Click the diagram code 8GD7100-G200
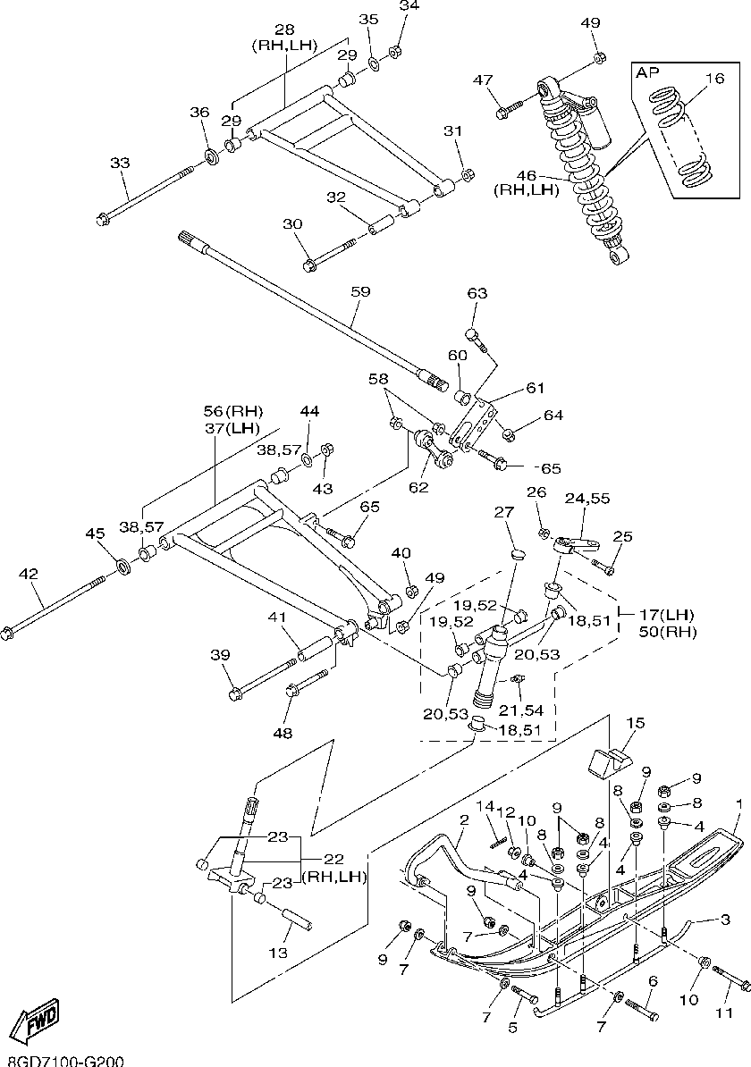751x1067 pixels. point(62,1060)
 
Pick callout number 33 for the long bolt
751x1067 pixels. point(120,163)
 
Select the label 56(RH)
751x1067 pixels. point(233,411)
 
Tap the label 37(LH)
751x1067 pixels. point(232,428)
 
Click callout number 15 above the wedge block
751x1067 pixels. point(635,723)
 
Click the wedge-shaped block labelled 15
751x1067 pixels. point(610,762)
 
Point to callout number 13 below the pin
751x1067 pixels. point(279,953)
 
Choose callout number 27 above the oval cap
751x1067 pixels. point(505,512)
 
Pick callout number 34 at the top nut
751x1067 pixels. point(409,6)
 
